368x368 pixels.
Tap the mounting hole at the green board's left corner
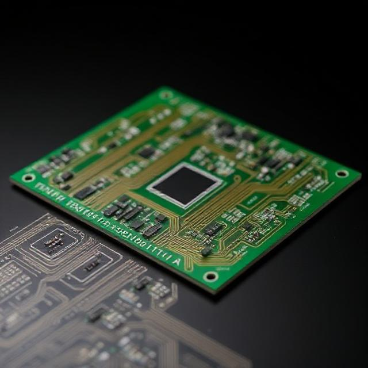[28, 178]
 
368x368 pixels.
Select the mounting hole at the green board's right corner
[342, 173]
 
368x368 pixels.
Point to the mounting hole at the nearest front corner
[211, 276]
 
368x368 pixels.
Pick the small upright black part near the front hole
[205, 251]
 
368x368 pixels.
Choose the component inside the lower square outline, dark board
[92, 265]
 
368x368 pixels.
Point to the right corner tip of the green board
[361, 173]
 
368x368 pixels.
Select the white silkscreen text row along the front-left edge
[103, 221]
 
